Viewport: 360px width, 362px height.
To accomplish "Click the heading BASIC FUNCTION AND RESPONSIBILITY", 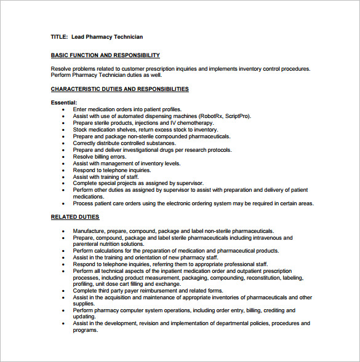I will point(105,55).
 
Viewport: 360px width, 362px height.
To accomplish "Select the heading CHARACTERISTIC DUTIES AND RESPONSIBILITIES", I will point(119,89).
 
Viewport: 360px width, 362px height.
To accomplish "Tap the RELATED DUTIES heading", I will point(74,217).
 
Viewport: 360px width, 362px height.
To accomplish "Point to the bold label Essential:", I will point(64,103).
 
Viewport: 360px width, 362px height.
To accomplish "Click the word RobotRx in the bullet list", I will point(210,116).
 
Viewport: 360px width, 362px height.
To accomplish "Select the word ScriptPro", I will point(238,116).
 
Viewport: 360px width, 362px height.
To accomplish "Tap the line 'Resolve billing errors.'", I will point(99,157).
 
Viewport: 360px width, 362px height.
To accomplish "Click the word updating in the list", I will point(84,317).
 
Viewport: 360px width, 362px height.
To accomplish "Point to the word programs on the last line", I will point(86,330).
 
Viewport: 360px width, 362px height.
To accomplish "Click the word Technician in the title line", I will point(126,37).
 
